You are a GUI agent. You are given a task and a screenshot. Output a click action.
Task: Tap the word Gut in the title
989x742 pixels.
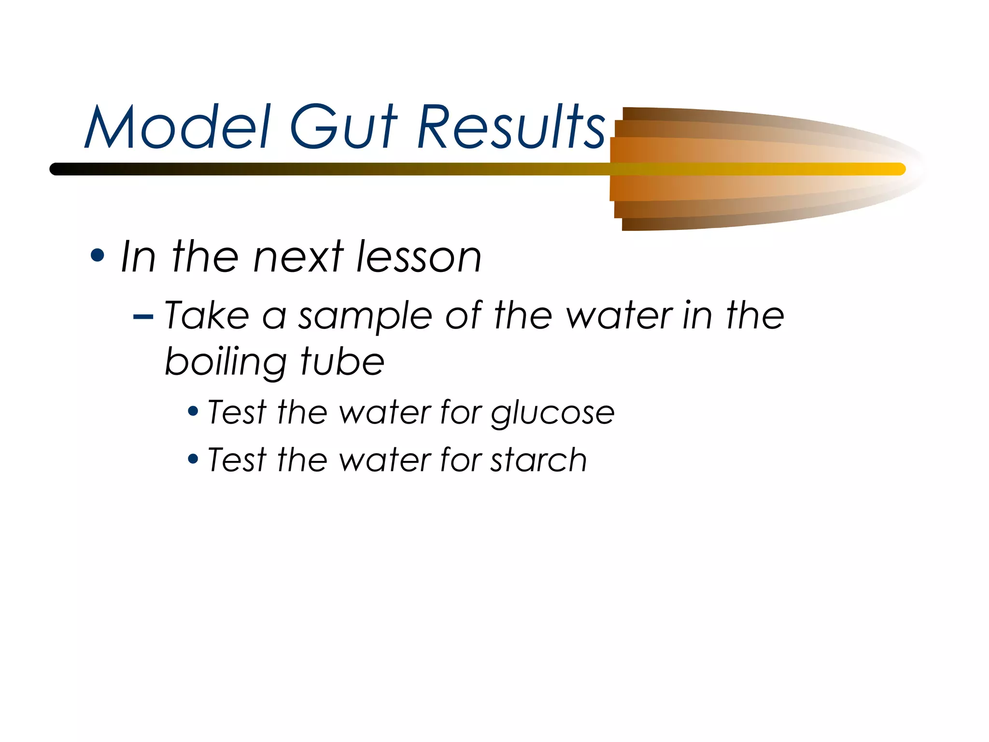[x=343, y=127]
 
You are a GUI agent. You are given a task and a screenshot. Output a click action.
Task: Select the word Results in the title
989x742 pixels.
[x=511, y=127]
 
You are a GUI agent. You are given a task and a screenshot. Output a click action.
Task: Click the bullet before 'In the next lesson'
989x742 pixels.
[x=97, y=256]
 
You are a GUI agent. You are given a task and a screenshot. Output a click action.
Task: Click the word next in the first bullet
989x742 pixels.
[x=298, y=257]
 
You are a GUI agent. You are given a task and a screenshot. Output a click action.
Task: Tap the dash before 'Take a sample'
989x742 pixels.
[x=143, y=317]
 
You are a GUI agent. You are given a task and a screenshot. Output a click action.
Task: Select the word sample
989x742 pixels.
[x=365, y=316]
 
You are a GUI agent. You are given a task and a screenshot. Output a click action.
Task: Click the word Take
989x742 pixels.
[x=207, y=315]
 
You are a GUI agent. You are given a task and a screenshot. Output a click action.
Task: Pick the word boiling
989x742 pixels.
[x=226, y=362]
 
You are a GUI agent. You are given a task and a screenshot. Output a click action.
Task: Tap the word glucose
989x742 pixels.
[x=553, y=414]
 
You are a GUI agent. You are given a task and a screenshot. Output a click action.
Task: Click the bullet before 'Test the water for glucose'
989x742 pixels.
[x=193, y=412]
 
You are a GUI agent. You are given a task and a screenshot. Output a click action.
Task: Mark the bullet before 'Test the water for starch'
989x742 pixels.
[x=193, y=458]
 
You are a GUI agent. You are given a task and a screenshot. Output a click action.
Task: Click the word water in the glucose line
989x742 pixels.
[x=384, y=413]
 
